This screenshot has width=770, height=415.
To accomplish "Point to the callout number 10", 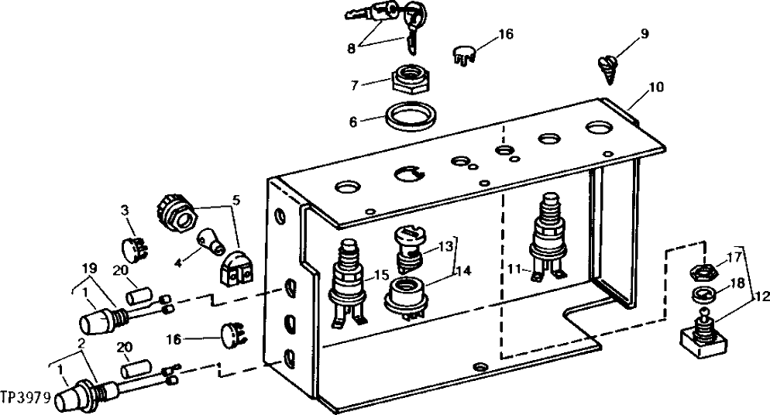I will tap(656, 87).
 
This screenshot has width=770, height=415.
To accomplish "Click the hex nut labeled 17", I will tap(703, 273).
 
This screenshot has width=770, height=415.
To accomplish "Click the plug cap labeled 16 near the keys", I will tap(462, 54).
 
